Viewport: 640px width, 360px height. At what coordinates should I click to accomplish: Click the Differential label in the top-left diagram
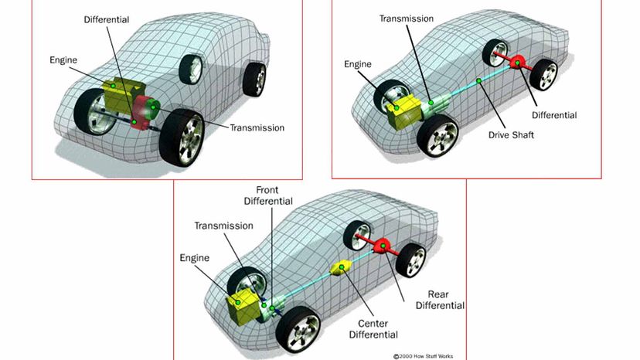click(x=106, y=19)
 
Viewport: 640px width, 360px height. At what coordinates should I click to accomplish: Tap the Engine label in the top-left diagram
click(x=63, y=60)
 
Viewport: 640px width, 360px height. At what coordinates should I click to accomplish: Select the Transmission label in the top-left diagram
click(x=257, y=127)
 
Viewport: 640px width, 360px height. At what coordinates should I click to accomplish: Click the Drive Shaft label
click(x=511, y=134)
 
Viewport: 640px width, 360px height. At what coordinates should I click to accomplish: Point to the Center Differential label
click(x=373, y=329)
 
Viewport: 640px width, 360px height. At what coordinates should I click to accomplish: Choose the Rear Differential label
click(x=440, y=300)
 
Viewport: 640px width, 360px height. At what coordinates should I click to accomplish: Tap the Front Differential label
click(x=268, y=195)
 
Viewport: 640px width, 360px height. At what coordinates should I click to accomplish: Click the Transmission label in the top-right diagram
click(x=406, y=19)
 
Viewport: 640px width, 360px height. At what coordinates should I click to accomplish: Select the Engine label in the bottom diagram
click(x=194, y=258)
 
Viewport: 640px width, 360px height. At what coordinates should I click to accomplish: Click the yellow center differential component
click(x=341, y=267)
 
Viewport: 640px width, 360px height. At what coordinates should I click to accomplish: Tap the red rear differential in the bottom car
click(x=383, y=246)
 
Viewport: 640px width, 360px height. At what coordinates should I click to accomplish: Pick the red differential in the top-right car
click(x=517, y=63)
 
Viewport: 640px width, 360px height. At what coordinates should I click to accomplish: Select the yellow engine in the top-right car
click(x=402, y=111)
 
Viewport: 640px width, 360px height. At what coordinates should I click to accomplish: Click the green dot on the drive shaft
click(x=478, y=81)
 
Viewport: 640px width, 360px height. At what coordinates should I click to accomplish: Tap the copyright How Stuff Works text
click(x=423, y=356)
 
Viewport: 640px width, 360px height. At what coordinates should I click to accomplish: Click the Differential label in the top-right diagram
click(x=554, y=115)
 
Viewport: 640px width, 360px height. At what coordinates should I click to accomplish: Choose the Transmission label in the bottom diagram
click(x=223, y=226)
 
